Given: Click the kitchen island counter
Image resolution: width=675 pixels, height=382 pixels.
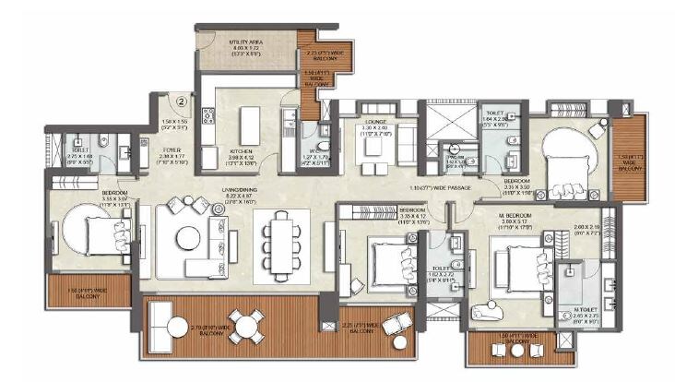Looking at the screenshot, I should pos(249,125).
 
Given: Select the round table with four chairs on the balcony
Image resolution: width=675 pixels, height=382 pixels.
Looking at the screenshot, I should pos(245,325).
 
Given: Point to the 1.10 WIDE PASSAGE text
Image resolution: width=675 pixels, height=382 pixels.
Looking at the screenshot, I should pos(441,189).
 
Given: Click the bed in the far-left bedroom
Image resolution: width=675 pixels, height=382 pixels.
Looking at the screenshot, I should pos(92,231).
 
